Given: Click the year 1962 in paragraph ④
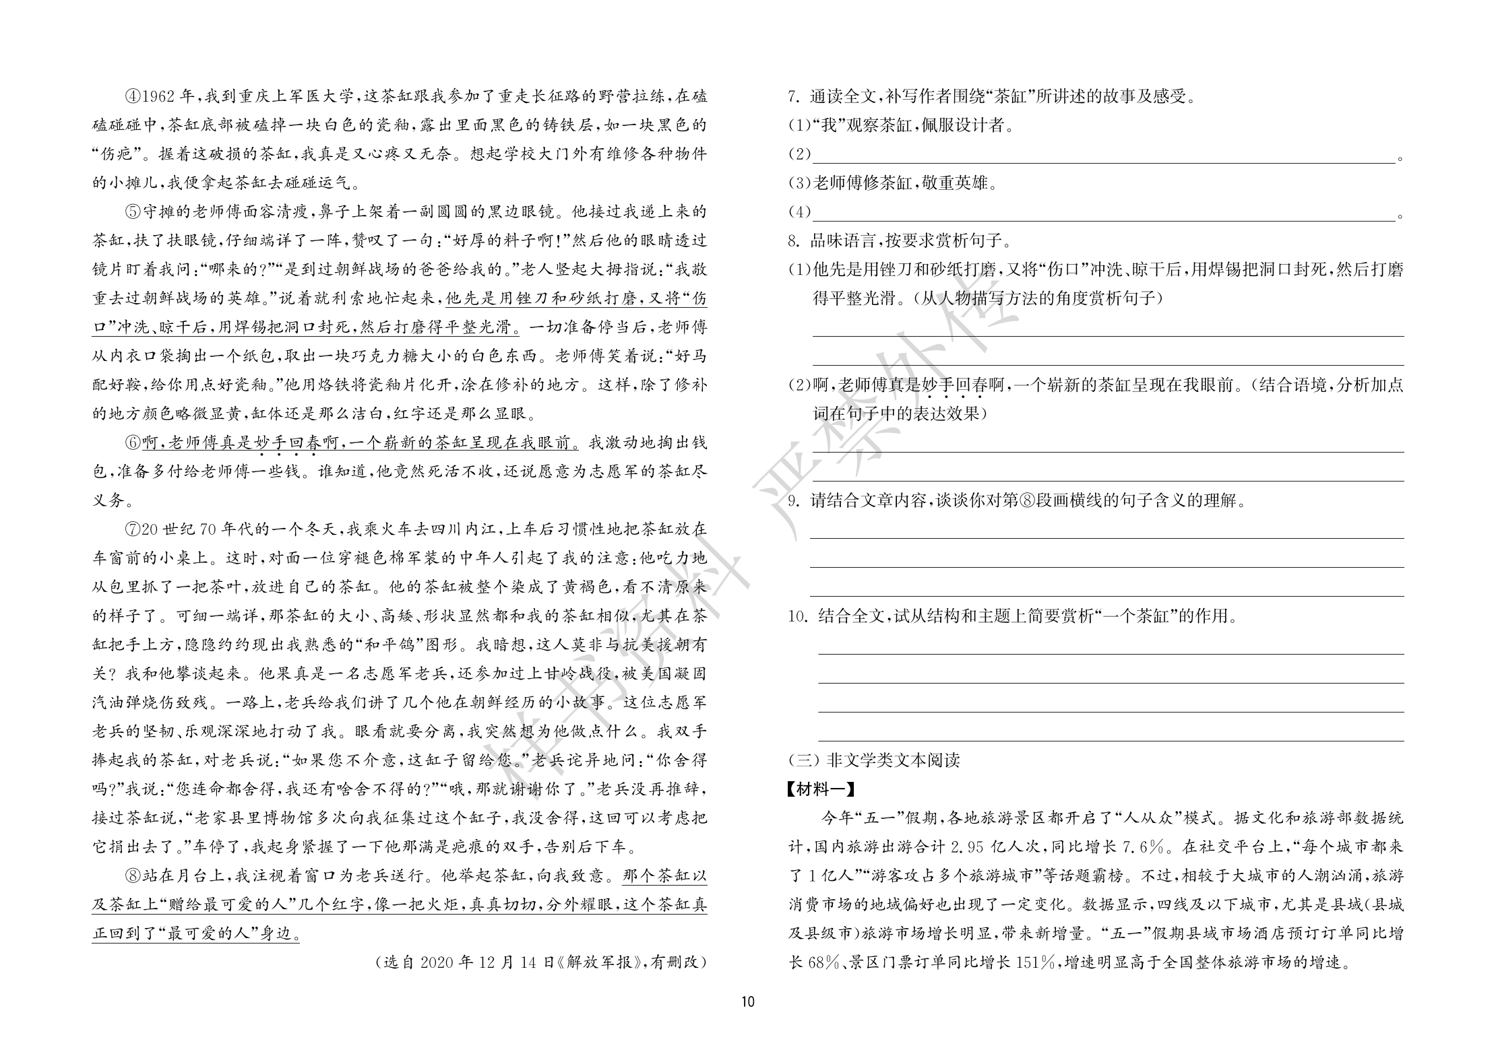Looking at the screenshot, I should (x=159, y=96).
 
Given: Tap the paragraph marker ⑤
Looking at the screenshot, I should (x=133, y=212).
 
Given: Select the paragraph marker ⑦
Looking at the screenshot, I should (x=133, y=529).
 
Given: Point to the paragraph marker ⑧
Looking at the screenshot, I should (x=133, y=875).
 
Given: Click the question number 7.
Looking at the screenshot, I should (x=793, y=97).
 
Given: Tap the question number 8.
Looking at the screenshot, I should (x=793, y=240).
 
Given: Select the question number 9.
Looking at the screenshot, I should (x=793, y=500).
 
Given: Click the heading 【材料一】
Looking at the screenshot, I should (x=821, y=789).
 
